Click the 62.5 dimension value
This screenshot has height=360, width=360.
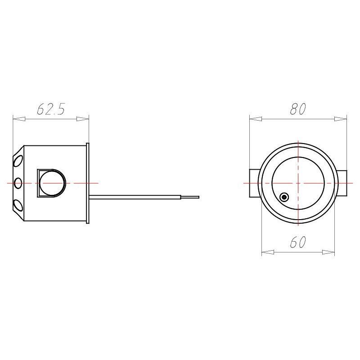coord(51,109)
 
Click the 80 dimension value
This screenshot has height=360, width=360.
coord(298,109)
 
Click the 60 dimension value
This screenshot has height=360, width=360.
coord(298,242)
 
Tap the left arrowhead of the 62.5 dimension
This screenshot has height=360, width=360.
coord(19,119)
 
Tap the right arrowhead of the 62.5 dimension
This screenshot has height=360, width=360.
coord(83,119)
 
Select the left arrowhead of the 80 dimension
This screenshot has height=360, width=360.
coord(256,119)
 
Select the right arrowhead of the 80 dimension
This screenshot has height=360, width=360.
coord(341,119)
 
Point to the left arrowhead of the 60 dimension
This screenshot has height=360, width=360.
coord(268,252)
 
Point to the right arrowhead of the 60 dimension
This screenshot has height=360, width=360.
coord(328,252)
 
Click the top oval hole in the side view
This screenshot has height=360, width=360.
coord(18,161)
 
